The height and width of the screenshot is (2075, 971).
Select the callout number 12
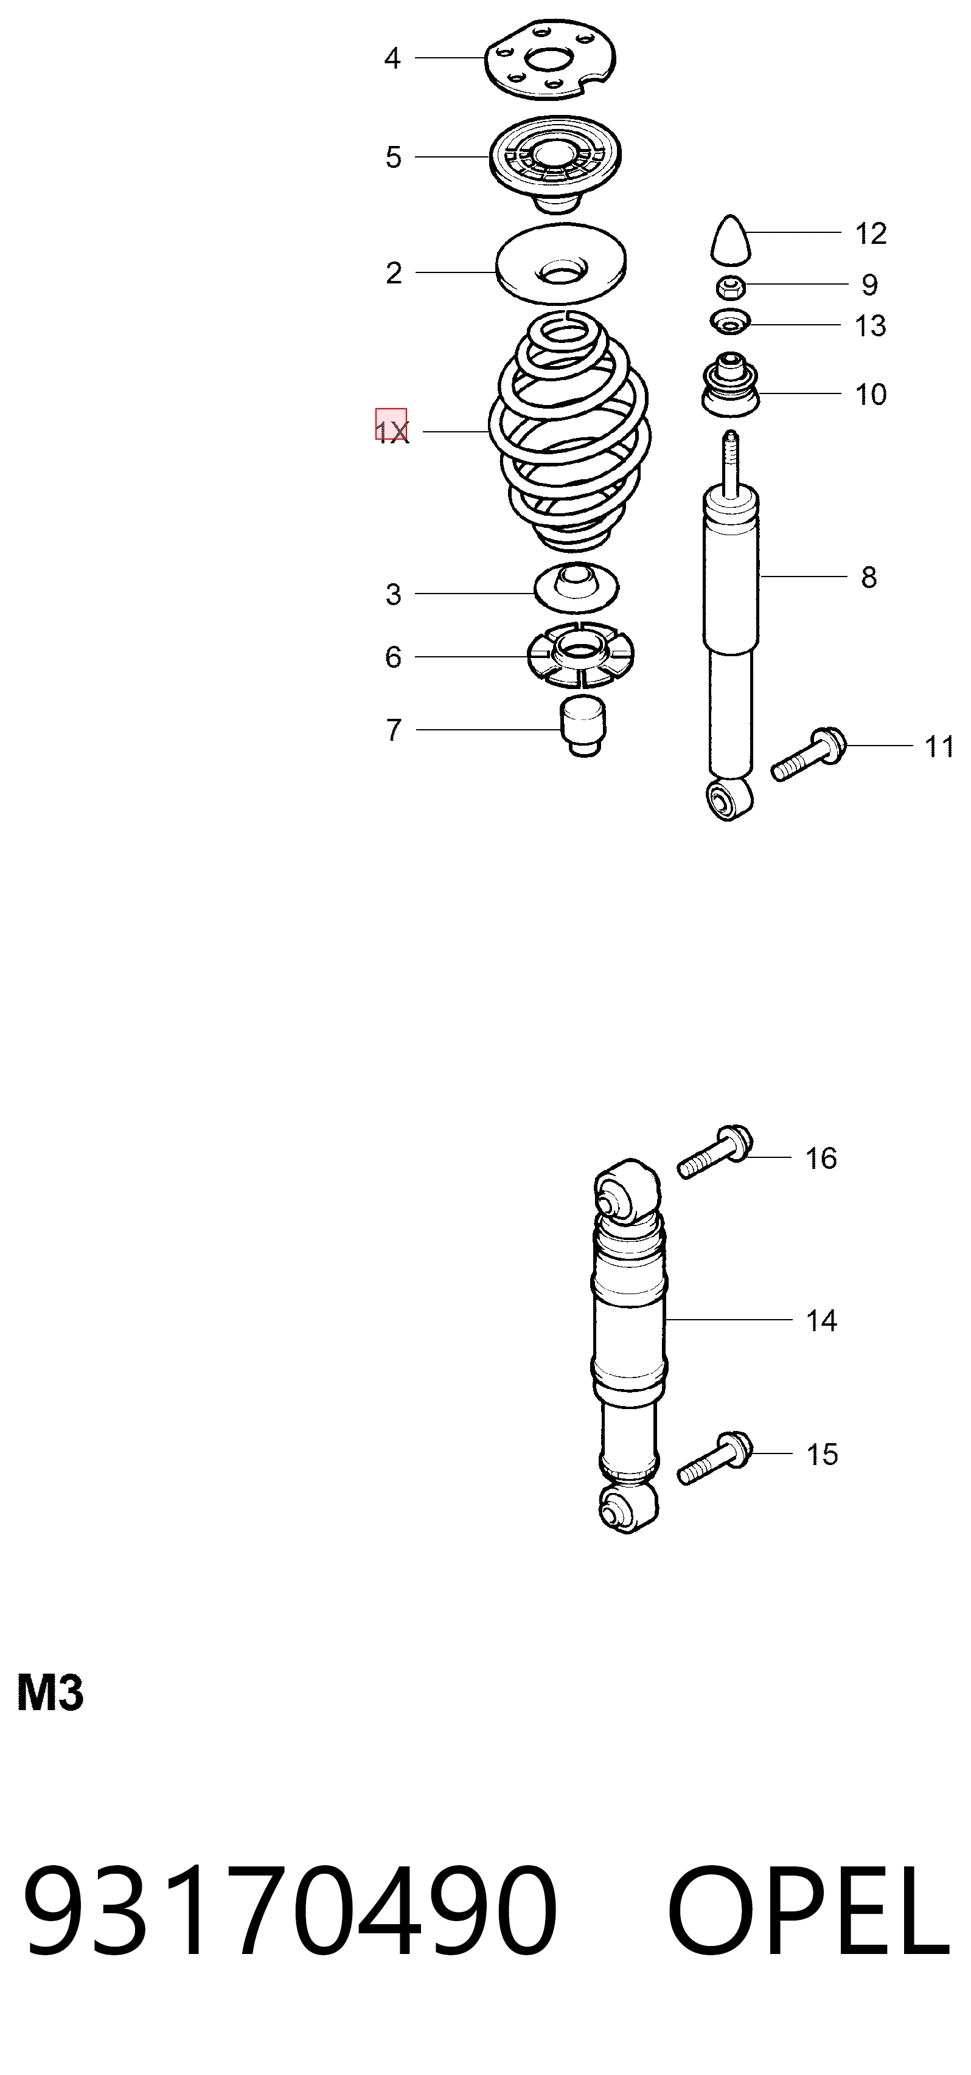click(870, 234)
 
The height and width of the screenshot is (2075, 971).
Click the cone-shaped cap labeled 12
click(730, 239)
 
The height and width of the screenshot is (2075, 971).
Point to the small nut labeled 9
click(730, 286)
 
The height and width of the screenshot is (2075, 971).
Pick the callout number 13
click(870, 326)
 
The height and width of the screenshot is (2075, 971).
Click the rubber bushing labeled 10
click(730, 384)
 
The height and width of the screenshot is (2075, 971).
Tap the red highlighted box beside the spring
click(391, 424)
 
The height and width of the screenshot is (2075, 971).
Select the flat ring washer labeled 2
click(561, 263)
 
